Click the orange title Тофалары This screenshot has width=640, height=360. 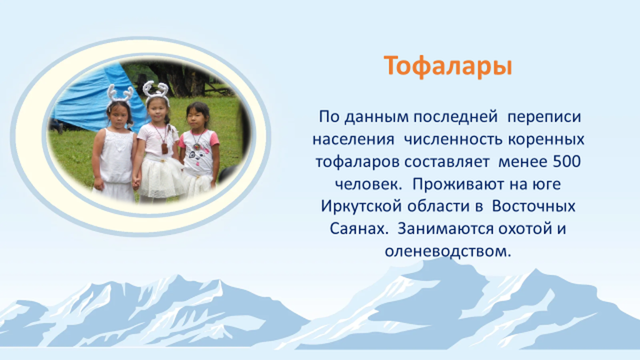[447, 66]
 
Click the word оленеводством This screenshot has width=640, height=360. [447, 251]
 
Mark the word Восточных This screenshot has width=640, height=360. [534, 206]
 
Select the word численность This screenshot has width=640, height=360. [454, 139]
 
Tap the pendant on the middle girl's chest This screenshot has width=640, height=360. [164, 147]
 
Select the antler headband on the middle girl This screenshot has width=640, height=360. [156, 89]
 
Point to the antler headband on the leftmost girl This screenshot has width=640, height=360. [119, 95]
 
